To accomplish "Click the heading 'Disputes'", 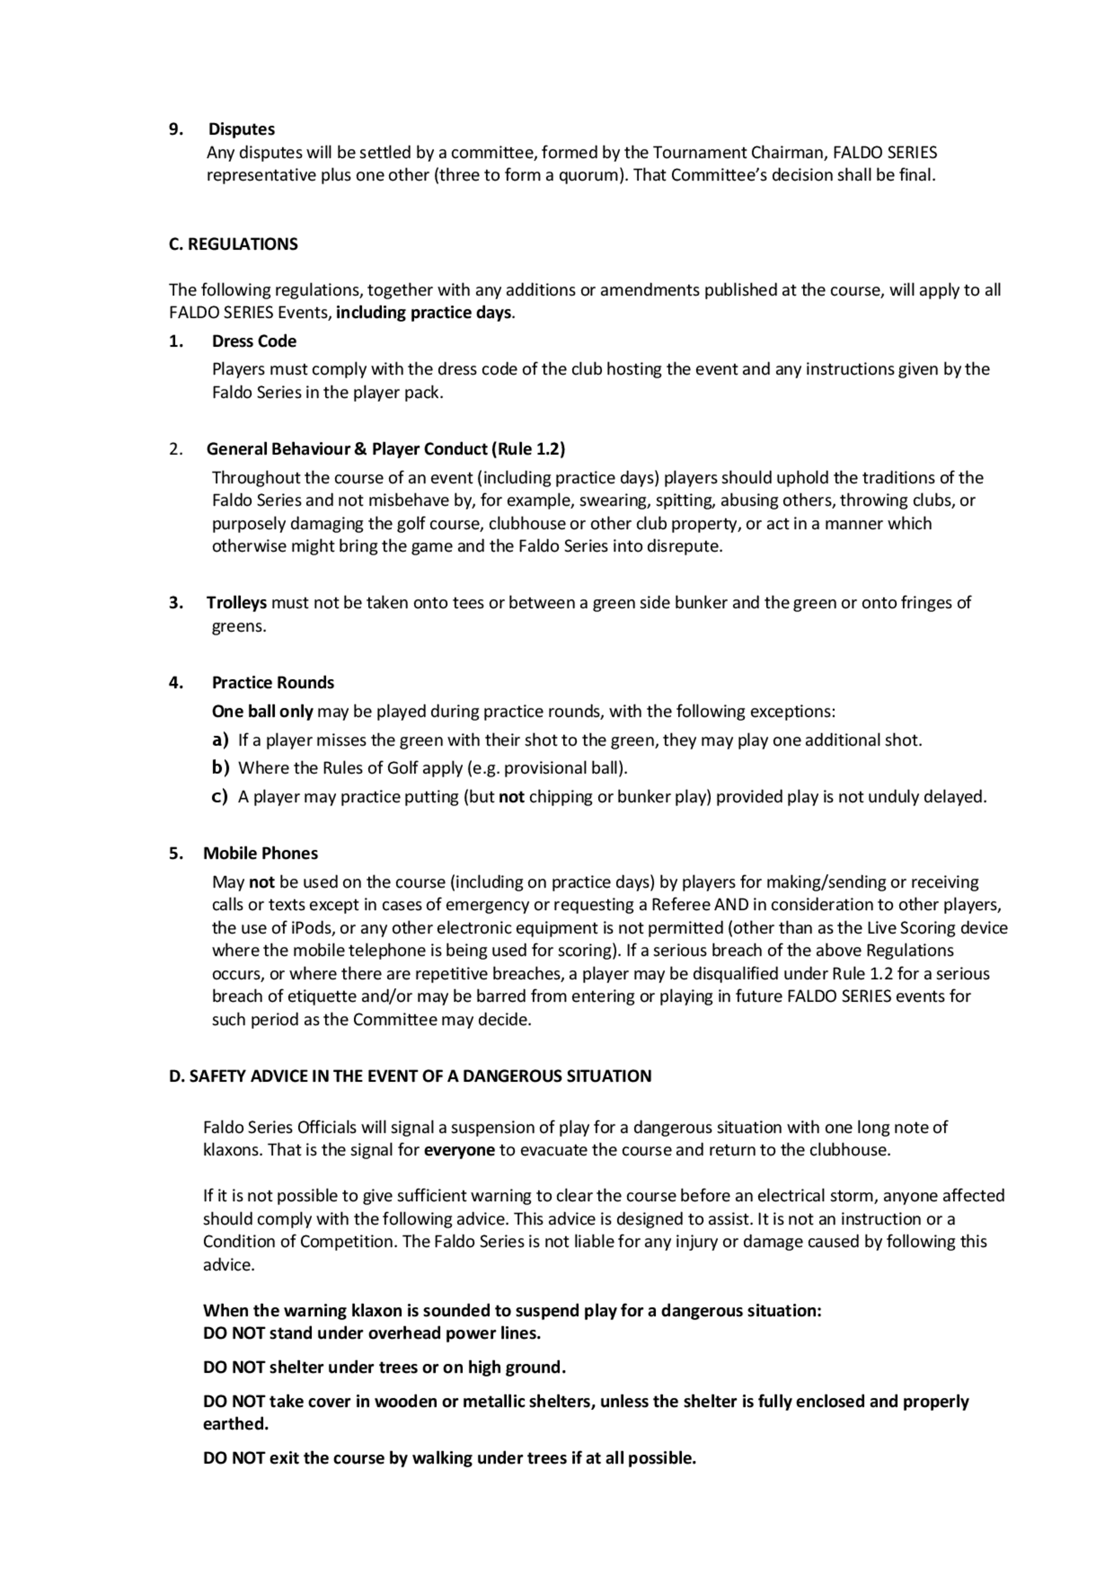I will [241, 129].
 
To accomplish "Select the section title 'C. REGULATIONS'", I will [233, 245].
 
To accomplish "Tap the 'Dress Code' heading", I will [254, 341].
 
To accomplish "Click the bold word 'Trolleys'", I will [237, 603].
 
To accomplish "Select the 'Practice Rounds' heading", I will [272, 682].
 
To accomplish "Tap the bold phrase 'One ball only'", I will [262, 711].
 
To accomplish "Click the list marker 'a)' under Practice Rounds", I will [219, 740].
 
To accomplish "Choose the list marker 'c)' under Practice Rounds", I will [219, 796].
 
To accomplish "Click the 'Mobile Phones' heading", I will [260, 853].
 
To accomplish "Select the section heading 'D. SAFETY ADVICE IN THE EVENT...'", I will [410, 1076].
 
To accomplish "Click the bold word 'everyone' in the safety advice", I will [459, 1150].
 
